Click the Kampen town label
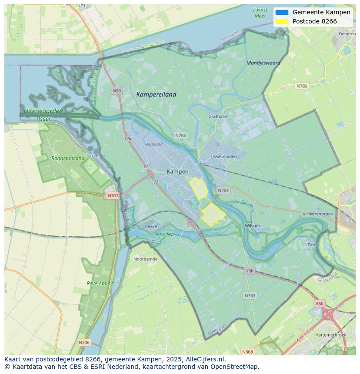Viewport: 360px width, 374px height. (177, 172)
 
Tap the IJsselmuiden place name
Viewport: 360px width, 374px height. (223, 156)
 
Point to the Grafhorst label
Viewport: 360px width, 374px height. (218, 116)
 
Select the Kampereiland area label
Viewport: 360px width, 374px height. (156, 94)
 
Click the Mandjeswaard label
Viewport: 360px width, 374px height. (263, 63)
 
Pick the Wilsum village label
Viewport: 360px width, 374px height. (252, 225)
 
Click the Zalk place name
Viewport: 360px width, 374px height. (311, 245)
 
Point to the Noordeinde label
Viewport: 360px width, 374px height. (145, 259)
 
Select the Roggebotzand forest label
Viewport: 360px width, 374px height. (68, 159)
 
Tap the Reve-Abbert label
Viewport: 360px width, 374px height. (100, 283)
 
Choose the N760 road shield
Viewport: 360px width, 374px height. (302, 86)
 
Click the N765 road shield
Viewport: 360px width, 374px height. (180, 136)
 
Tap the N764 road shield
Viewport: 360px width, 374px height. (223, 190)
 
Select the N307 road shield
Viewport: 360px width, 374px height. (113, 195)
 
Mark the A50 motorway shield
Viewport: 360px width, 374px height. (320, 304)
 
